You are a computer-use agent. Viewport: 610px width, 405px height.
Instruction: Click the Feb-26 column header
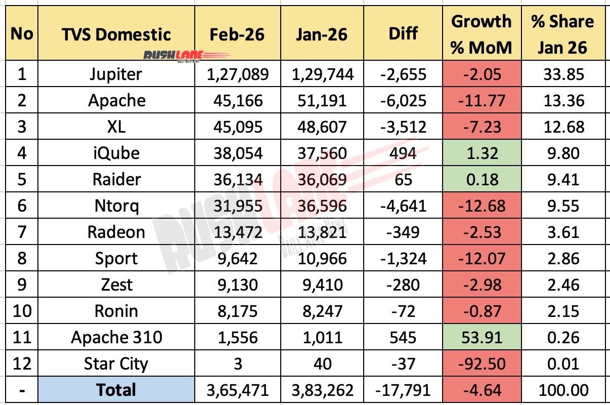(x=238, y=34)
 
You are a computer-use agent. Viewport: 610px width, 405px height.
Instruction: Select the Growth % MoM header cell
(x=481, y=34)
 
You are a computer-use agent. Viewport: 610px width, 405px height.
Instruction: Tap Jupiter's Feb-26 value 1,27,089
(x=238, y=74)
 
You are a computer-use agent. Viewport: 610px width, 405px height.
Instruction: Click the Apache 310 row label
(x=116, y=337)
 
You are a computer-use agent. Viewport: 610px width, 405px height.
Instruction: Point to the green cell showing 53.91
(x=481, y=337)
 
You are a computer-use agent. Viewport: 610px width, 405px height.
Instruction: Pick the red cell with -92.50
(x=481, y=363)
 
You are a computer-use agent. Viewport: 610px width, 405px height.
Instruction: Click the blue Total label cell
(x=116, y=390)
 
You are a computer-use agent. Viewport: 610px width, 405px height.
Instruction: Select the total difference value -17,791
(x=404, y=390)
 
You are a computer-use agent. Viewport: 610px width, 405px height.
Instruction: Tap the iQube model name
(x=116, y=153)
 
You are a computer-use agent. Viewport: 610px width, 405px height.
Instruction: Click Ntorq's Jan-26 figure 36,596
(x=319, y=206)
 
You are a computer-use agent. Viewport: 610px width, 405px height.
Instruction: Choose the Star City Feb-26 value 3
(x=238, y=363)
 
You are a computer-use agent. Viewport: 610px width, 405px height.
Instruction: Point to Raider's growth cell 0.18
(x=481, y=180)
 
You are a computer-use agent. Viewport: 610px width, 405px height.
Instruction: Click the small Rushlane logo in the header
(x=186, y=55)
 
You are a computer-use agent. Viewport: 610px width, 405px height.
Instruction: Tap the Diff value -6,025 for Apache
(x=404, y=101)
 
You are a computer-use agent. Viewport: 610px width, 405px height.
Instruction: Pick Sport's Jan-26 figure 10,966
(x=319, y=259)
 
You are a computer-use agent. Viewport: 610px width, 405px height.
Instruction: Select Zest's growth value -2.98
(x=481, y=285)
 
